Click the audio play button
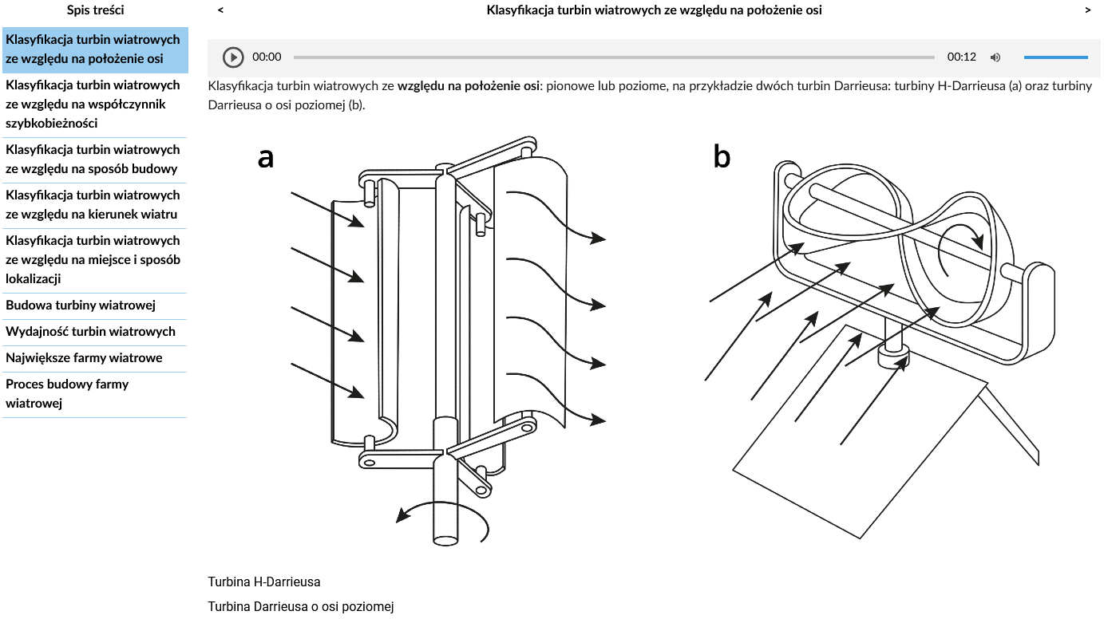coord(233,57)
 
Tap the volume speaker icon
coord(995,57)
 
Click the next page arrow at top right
coord(1088,10)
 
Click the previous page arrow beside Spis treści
coord(220,10)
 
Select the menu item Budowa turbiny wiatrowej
coord(81,306)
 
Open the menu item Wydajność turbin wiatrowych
coord(90,332)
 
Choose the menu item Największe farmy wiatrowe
coord(84,358)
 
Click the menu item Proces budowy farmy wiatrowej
coord(67,394)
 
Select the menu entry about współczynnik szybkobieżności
coord(93,104)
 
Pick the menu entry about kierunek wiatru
coord(92,205)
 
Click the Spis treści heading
coord(95,10)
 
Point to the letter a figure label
coord(266,158)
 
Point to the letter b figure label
coord(722,158)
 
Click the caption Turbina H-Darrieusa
coord(264,582)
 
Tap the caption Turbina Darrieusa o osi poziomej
coord(301,607)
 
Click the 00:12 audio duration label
coord(962,57)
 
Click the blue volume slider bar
coord(1055,57)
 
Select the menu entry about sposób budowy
coord(92,160)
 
